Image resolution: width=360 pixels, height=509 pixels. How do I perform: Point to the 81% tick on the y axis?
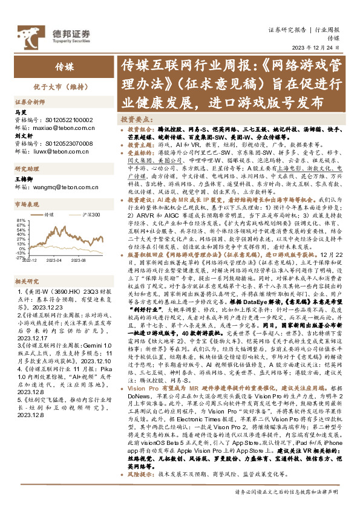click(x=19, y=220)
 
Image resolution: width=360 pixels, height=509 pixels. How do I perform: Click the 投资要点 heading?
click(x=136, y=120)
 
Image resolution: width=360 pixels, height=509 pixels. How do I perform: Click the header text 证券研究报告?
click(x=287, y=30)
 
